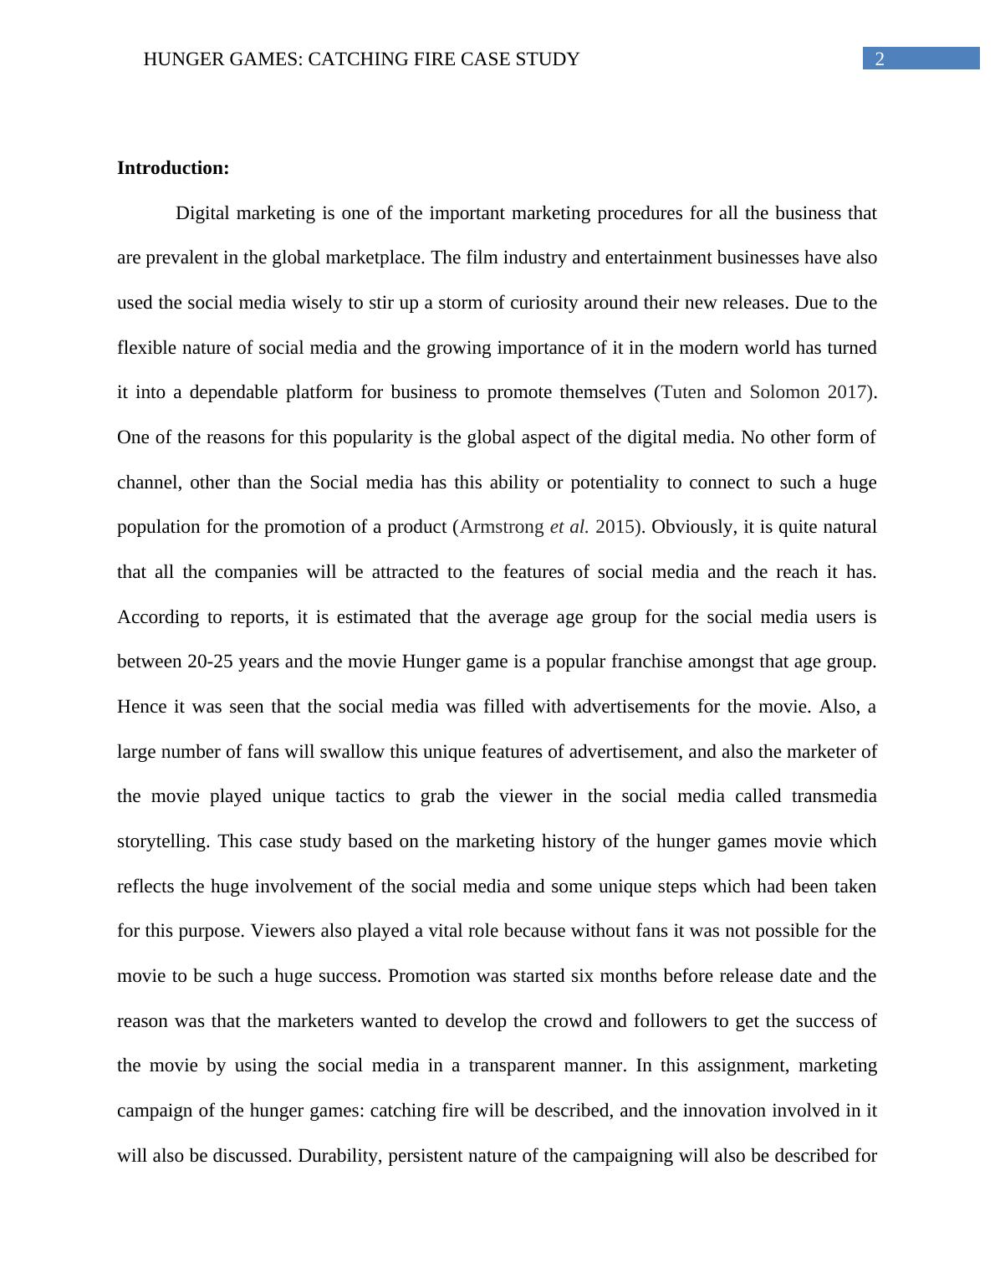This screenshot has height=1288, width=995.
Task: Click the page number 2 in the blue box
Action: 879,59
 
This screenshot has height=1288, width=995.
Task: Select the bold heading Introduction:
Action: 173,168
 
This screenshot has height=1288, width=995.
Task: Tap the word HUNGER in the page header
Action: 176,59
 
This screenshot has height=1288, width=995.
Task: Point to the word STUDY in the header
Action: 549,59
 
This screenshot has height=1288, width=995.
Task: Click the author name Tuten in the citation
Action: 683,392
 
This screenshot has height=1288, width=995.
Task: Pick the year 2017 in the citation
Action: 846,392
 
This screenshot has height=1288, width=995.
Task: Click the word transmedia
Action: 834,796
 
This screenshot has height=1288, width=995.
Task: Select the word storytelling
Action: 162,841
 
